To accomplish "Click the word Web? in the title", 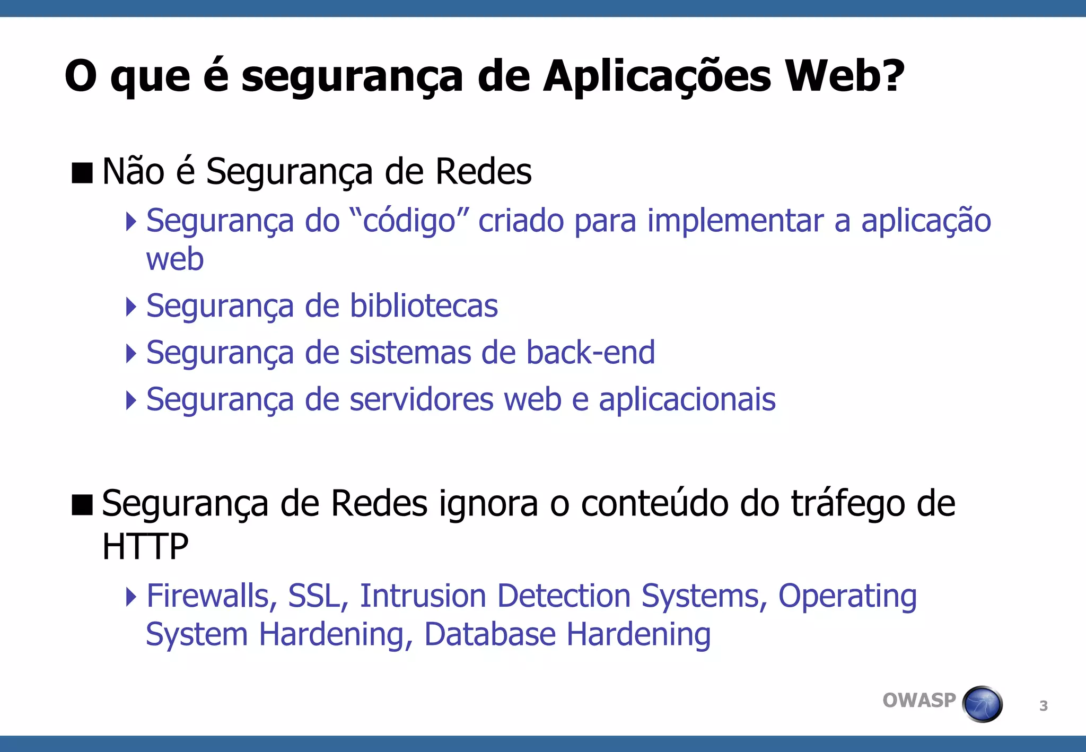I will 844,76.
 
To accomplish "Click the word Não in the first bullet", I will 133,171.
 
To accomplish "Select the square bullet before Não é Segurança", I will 82,173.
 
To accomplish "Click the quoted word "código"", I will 409,221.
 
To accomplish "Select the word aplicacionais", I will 687,399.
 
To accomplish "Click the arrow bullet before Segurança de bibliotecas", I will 131,307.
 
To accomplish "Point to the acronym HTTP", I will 145,546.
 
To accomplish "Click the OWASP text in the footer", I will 919,701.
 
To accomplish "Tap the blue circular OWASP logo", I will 982,704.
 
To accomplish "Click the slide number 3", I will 1043,706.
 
